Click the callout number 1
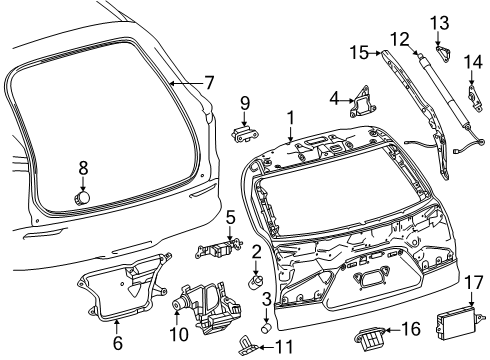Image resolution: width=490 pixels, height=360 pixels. [x=290, y=117]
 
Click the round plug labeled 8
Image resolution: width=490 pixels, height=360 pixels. [x=83, y=197]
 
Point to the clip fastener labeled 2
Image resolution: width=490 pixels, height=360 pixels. [x=255, y=283]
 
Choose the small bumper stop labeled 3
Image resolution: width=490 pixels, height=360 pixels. [x=267, y=324]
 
